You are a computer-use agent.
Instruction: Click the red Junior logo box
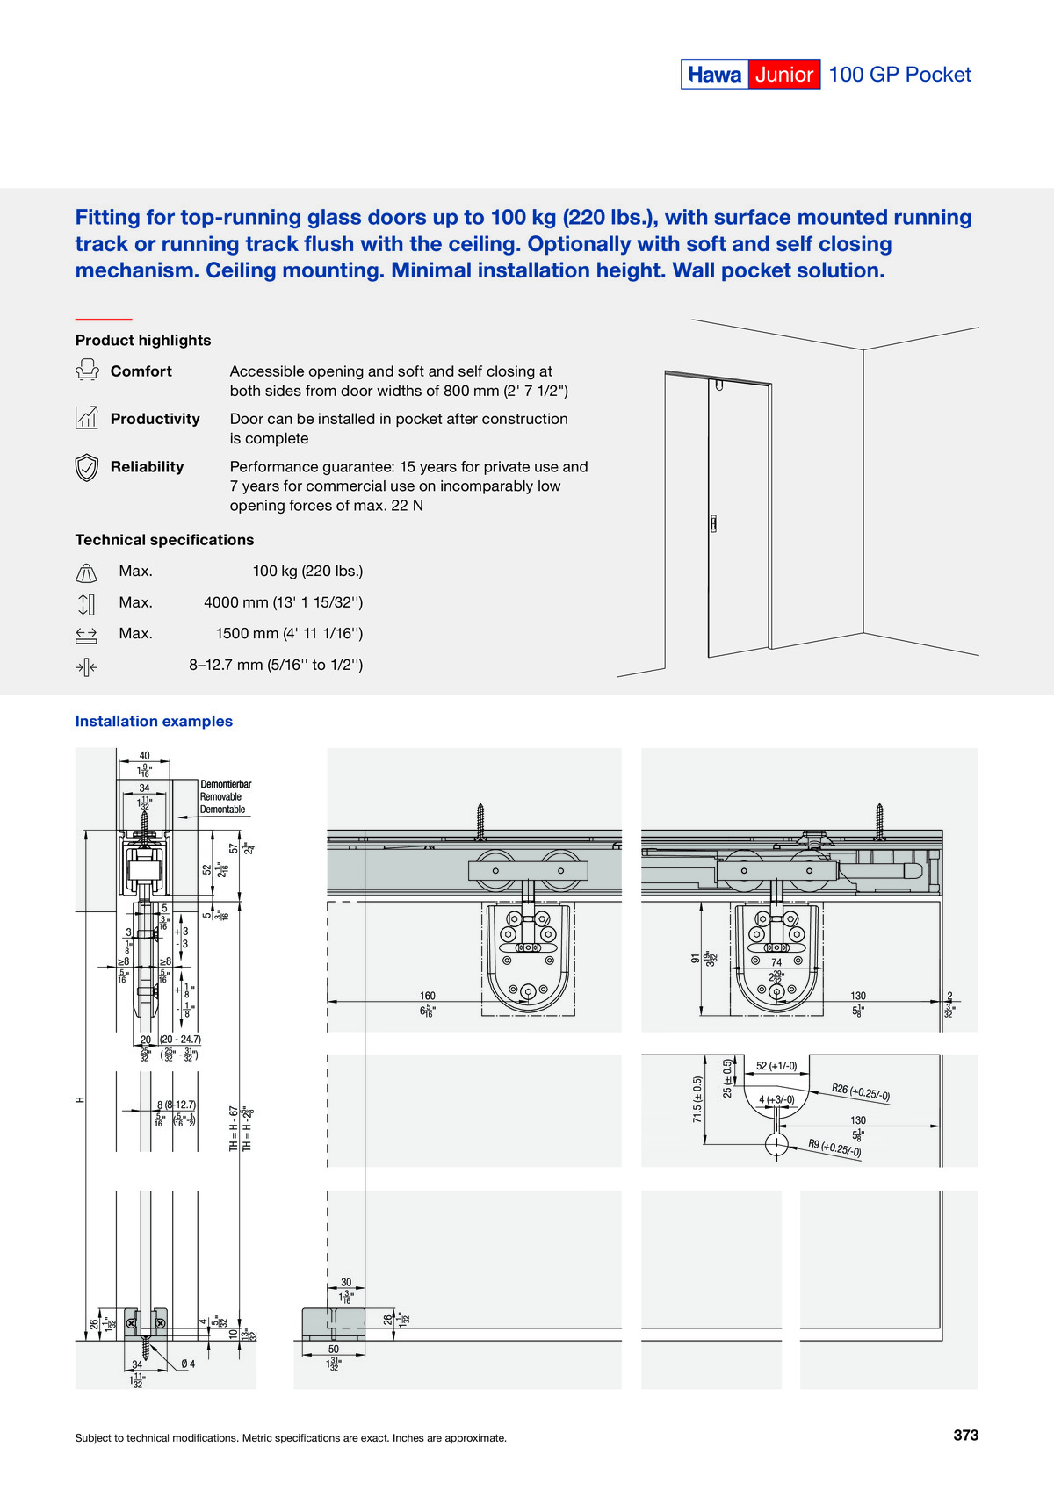click(783, 75)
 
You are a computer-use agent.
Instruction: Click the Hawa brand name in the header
click(714, 75)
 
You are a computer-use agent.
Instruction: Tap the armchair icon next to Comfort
click(86, 371)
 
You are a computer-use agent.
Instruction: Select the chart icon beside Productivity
click(86, 418)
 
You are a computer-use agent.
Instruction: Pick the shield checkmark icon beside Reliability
click(86, 467)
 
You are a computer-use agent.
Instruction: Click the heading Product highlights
click(143, 340)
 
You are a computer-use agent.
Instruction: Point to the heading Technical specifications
click(164, 540)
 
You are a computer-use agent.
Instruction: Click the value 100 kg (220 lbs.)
click(307, 571)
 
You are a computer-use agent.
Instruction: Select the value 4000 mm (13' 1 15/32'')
click(283, 602)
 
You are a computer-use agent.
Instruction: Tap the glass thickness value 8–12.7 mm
click(276, 665)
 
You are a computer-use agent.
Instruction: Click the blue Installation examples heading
click(154, 721)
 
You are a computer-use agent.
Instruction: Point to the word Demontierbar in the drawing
click(226, 784)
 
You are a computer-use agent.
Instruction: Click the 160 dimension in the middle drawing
click(428, 996)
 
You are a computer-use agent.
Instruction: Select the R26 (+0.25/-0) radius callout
click(861, 1092)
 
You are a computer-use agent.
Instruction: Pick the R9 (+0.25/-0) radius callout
click(834, 1148)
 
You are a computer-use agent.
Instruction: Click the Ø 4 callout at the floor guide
click(188, 1364)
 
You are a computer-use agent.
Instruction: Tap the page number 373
click(965, 1435)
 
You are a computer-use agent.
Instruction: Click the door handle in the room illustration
click(713, 524)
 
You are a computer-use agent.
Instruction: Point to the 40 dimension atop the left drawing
click(144, 755)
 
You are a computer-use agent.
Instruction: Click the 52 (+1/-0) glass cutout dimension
click(776, 1066)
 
